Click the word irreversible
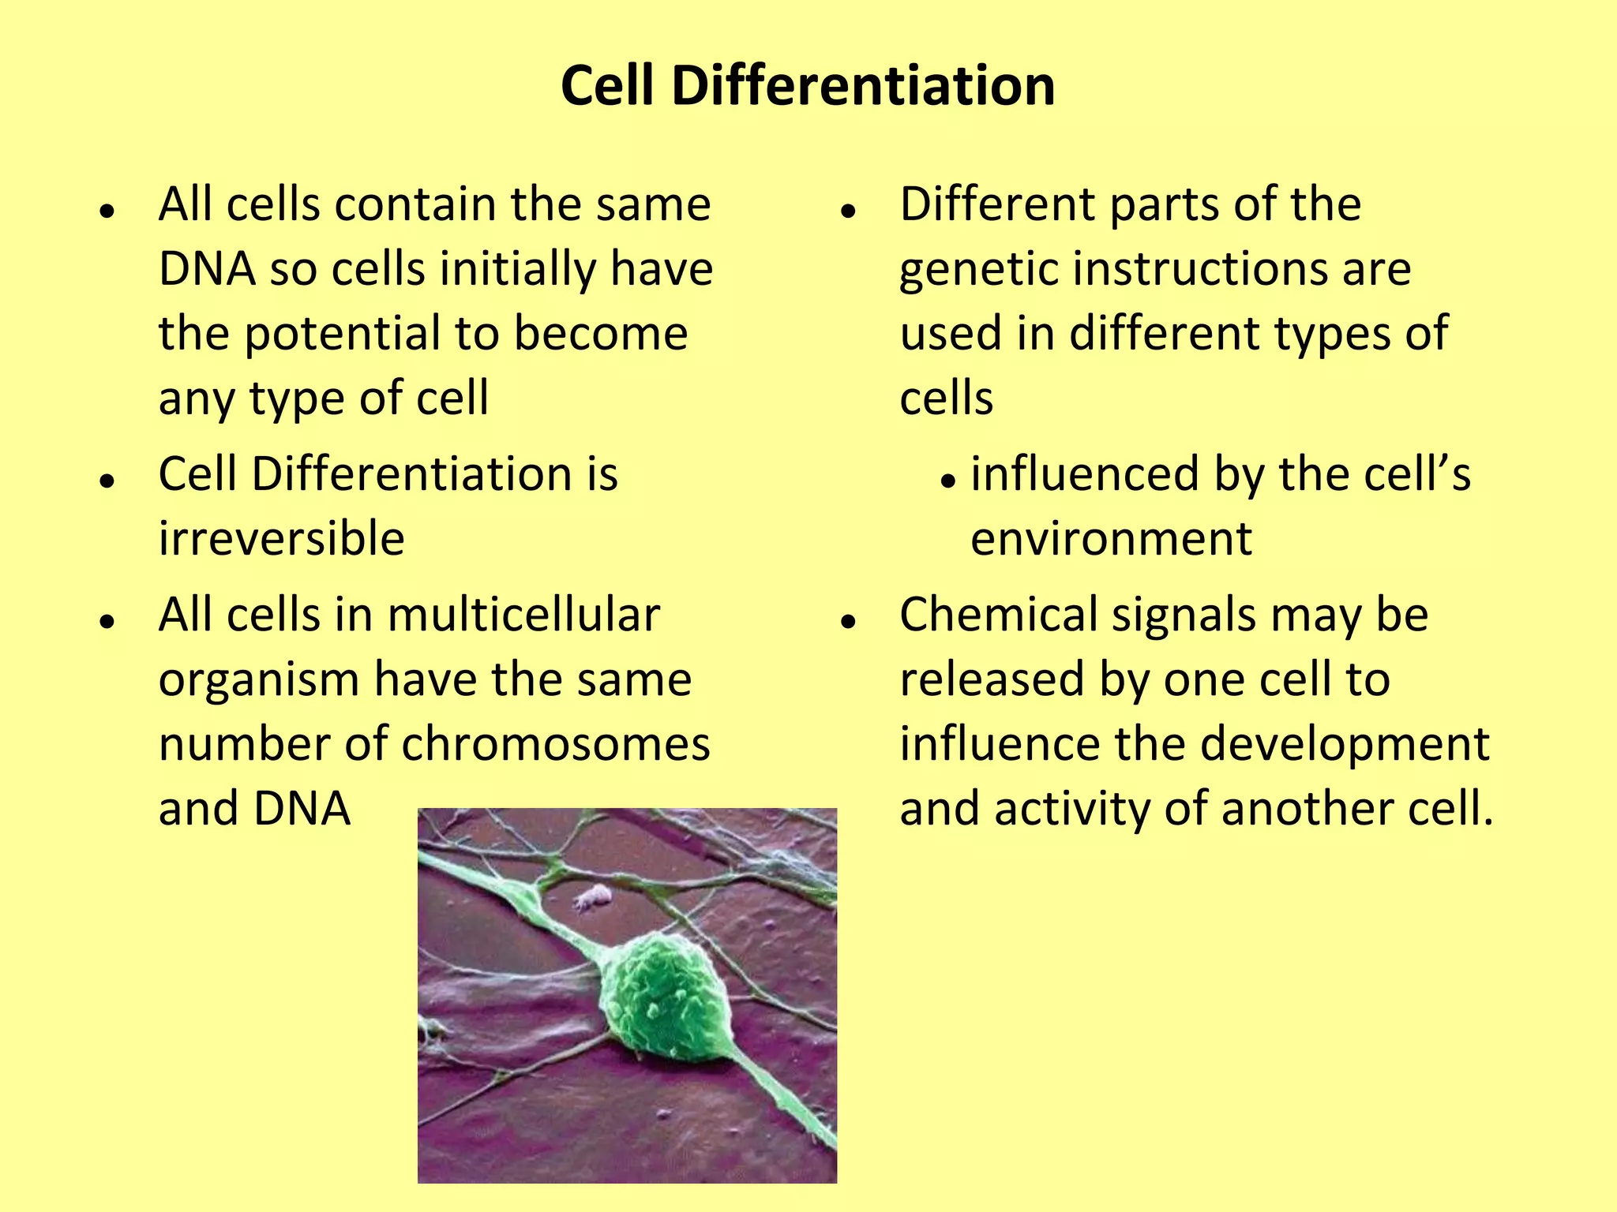(x=282, y=539)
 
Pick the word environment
(x=1111, y=539)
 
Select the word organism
(x=259, y=680)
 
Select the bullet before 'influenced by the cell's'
(x=948, y=481)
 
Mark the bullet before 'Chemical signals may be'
(x=849, y=622)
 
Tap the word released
(x=992, y=679)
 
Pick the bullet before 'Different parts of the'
(x=849, y=211)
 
